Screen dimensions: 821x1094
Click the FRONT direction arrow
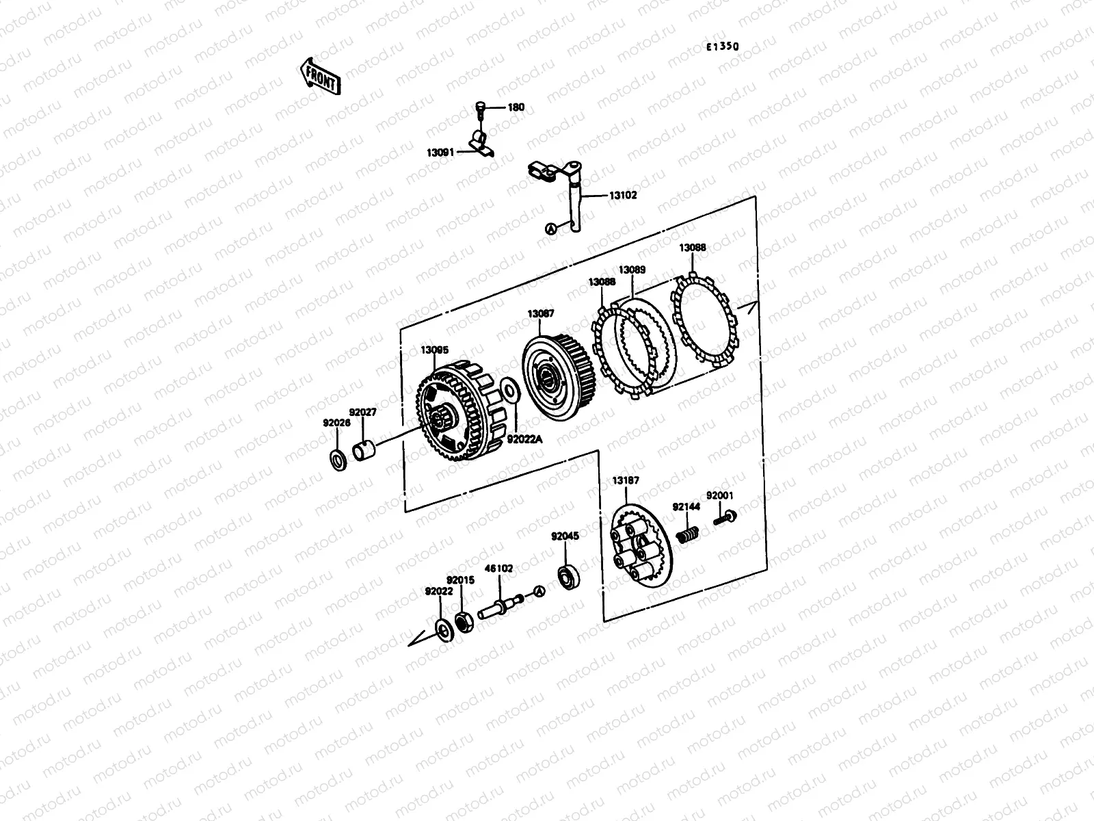(x=320, y=75)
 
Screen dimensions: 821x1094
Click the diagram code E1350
(x=723, y=47)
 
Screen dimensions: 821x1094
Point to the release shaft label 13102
(x=622, y=195)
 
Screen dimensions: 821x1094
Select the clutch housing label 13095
(x=434, y=350)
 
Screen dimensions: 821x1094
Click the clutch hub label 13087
(x=540, y=313)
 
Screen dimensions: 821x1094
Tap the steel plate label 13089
(x=632, y=270)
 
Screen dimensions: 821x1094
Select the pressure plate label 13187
(x=626, y=480)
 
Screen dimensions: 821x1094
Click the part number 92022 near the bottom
(x=438, y=591)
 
